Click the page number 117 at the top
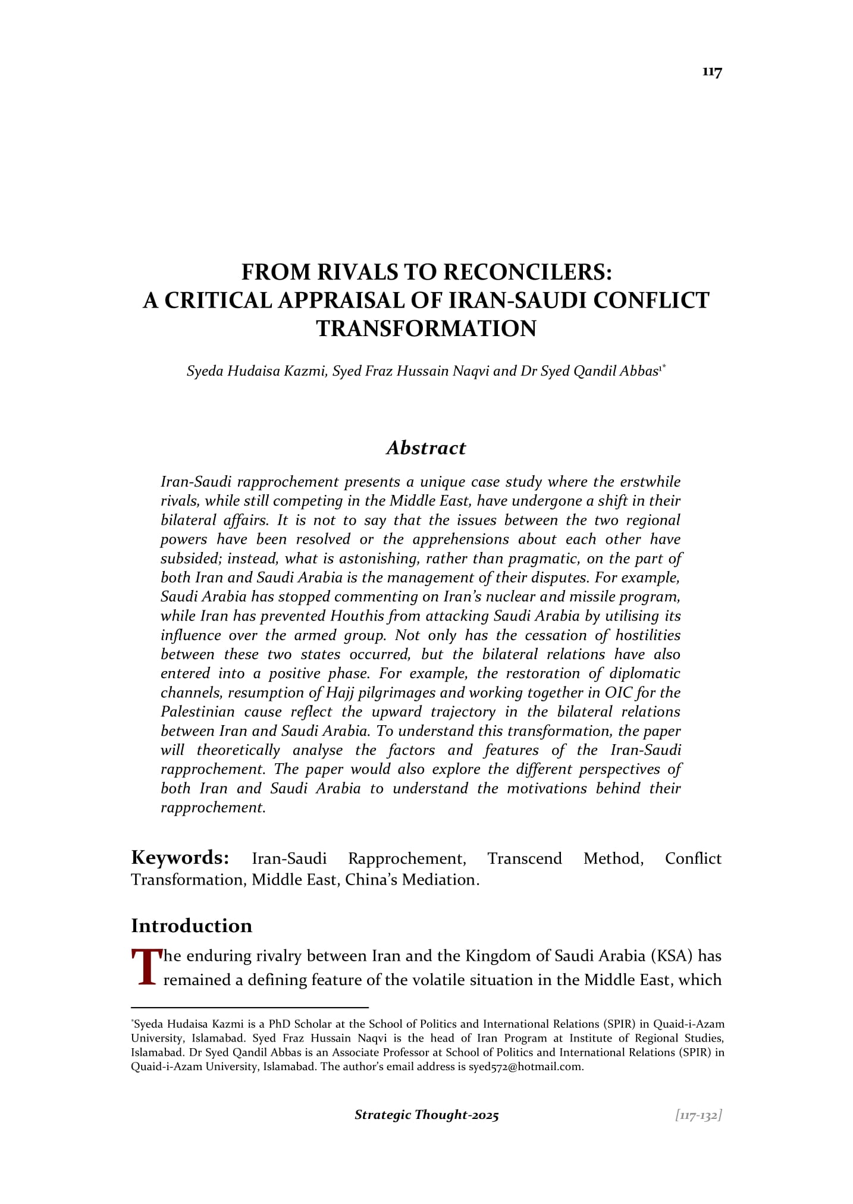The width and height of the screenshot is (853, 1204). click(x=711, y=72)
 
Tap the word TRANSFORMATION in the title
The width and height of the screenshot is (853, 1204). click(x=426, y=328)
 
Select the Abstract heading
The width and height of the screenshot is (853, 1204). click(x=426, y=448)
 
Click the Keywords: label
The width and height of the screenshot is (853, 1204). click(x=180, y=858)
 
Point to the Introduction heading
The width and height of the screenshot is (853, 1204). click(x=192, y=926)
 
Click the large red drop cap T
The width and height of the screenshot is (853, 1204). click(x=145, y=967)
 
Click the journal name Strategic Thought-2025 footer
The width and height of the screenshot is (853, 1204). click(x=426, y=1115)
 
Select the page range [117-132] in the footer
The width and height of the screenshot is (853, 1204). click(x=698, y=1115)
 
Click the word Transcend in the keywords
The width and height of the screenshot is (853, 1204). click(x=524, y=858)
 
